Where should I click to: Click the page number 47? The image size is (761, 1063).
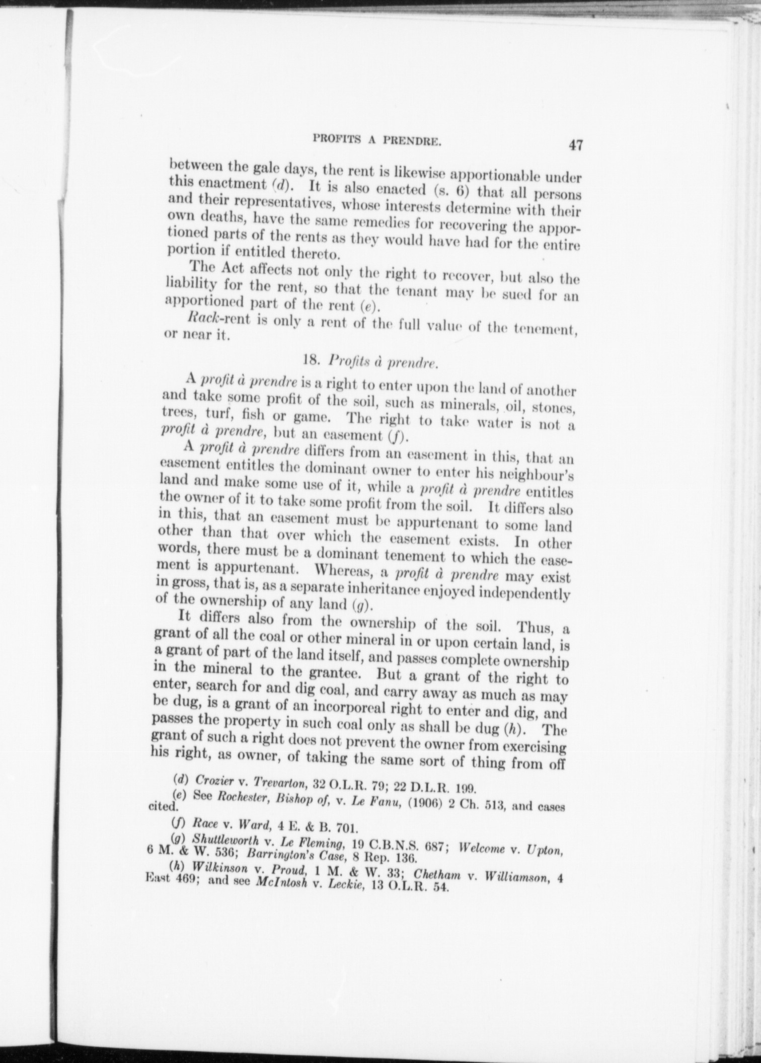(575, 145)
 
